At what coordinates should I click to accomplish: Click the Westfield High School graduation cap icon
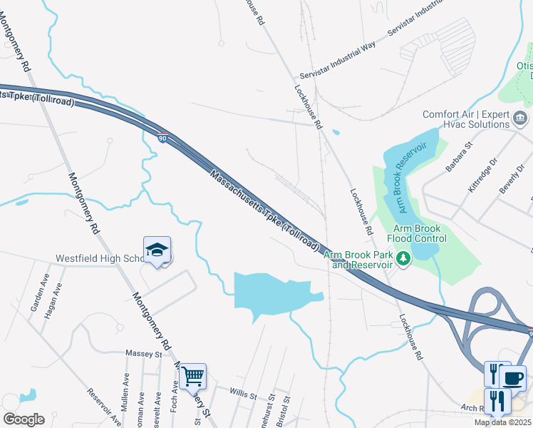coord(157,250)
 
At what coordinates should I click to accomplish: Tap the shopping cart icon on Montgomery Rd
coord(192,375)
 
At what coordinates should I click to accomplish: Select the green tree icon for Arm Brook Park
coord(404,258)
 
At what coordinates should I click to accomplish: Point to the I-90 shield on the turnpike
coord(162,138)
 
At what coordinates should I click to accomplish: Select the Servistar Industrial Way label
coord(337,61)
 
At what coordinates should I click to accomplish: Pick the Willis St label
coord(243,391)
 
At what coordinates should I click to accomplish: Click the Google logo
coord(24,419)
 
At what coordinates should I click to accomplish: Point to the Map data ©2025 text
coord(502,422)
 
